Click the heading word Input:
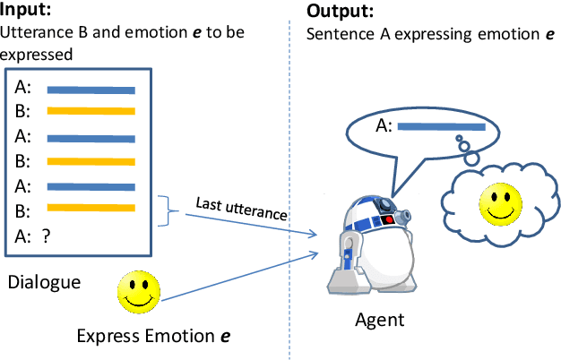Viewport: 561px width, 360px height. click(x=27, y=12)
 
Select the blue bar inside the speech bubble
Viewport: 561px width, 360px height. click(x=441, y=128)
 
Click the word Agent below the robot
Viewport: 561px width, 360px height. click(x=380, y=320)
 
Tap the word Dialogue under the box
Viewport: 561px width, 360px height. click(x=44, y=282)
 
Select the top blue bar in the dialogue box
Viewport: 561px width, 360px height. click(x=91, y=90)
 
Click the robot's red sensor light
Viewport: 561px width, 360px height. click(x=387, y=217)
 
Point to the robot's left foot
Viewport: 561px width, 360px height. click(x=344, y=283)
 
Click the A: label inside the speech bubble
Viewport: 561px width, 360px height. click(x=384, y=128)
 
